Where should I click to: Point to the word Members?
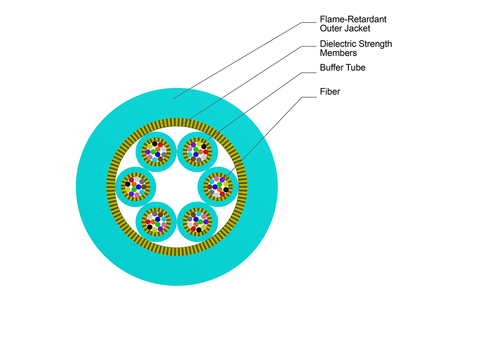tap(338, 53)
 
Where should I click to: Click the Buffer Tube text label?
tap(342, 68)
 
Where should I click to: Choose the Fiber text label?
tap(330, 92)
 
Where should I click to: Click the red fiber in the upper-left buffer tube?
tap(160, 145)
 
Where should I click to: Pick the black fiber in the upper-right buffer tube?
tap(204, 147)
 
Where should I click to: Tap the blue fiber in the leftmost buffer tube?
tap(138, 187)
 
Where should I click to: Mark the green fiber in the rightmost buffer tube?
tap(220, 184)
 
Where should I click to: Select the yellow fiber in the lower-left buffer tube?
tap(155, 230)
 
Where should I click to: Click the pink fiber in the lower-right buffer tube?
tap(204, 216)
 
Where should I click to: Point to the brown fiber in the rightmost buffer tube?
tap(210, 187)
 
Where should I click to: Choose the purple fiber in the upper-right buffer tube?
tap(193, 145)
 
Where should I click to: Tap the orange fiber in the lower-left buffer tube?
tap(153, 222)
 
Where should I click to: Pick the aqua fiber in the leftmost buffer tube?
tap(142, 192)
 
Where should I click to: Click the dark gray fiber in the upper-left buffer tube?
tap(164, 154)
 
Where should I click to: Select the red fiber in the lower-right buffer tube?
tap(193, 229)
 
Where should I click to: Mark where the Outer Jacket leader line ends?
tap(173, 99)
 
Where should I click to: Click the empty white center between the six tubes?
tap(177, 187)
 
